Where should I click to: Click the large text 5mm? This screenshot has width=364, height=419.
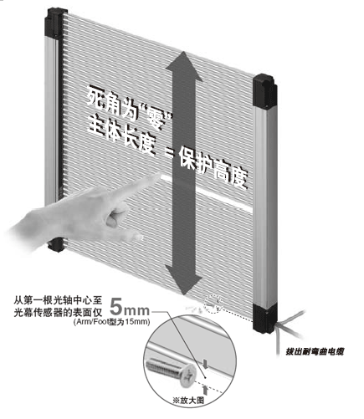[x=130, y=307]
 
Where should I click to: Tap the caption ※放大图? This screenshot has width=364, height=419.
[x=188, y=401]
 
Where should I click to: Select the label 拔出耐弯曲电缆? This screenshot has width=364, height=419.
[x=315, y=351]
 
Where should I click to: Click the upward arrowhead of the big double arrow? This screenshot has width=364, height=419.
[x=184, y=66]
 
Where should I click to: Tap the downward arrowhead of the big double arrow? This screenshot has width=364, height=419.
[x=184, y=279]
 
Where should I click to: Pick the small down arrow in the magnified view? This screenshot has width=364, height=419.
[x=205, y=364]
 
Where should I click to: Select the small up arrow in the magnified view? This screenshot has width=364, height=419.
[x=205, y=390]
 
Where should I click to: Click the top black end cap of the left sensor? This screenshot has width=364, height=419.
[x=56, y=23]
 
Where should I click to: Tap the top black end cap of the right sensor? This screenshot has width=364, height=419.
[x=264, y=89]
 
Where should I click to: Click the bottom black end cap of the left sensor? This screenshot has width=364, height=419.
[x=57, y=244]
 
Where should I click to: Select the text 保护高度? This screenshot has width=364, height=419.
[x=213, y=166]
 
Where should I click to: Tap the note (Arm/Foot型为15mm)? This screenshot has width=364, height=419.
[x=112, y=322]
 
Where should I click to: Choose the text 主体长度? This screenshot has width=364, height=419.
[x=121, y=135]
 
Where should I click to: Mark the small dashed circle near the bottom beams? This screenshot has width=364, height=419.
[x=213, y=304]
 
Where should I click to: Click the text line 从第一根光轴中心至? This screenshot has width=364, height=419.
[x=59, y=300]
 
